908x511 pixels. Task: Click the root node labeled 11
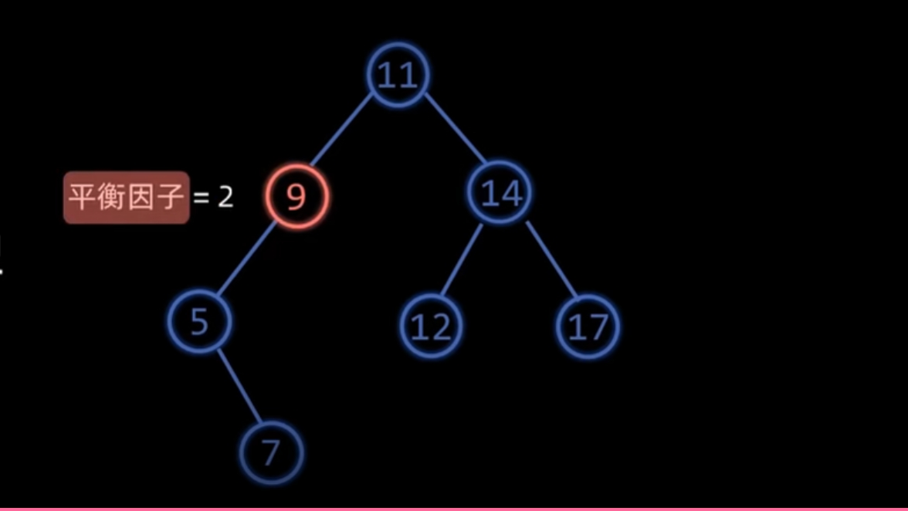(x=398, y=76)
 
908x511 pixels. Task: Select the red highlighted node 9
(x=297, y=197)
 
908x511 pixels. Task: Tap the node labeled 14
(x=500, y=193)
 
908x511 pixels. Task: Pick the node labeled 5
(x=199, y=322)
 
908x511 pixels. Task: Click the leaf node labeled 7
(x=270, y=453)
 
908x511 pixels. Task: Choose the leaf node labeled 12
(x=431, y=327)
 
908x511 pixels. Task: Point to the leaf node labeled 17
(x=588, y=327)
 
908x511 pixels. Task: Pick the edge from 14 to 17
(x=551, y=260)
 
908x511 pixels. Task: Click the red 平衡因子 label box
(x=126, y=198)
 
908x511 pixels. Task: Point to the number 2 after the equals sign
(x=225, y=198)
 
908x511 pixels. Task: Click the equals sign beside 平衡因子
(x=202, y=198)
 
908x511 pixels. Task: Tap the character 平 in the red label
(x=82, y=198)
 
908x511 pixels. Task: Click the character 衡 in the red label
(x=111, y=198)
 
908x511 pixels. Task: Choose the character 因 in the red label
(x=141, y=198)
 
